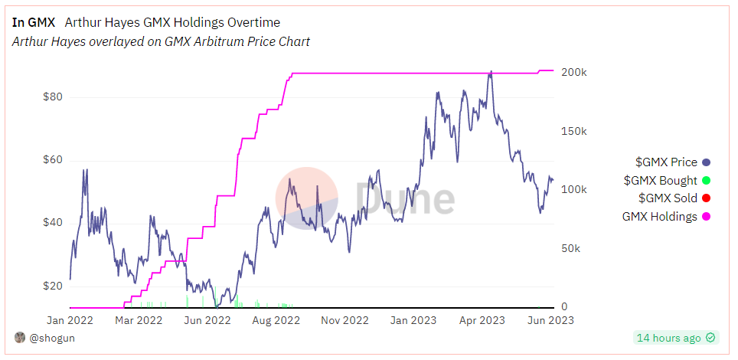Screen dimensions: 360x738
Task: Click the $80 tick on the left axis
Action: (x=51, y=97)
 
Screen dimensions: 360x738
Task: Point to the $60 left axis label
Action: (x=51, y=161)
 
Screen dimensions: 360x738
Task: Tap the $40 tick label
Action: (x=51, y=223)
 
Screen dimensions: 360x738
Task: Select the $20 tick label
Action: (x=51, y=286)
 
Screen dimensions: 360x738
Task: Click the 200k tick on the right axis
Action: (x=573, y=72)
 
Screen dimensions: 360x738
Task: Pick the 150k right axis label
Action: (x=573, y=131)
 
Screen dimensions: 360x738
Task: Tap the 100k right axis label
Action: (x=573, y=190)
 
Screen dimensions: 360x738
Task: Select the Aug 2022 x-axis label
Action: (x=276, y=320)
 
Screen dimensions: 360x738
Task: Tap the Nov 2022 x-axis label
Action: (x=345, y=320)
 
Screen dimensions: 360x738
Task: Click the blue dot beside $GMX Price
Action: (x=707, y=162)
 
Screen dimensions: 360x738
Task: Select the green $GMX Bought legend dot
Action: (x=707, y=181)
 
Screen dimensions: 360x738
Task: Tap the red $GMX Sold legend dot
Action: (x=707, y=198)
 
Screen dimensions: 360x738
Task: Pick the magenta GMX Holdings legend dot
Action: (x=707, y=217)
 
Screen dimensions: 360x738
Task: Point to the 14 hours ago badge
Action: (x=675, y=338)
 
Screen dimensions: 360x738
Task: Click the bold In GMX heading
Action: (x=34, y=22)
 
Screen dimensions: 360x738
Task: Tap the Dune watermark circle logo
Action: (x=306, y=198)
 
